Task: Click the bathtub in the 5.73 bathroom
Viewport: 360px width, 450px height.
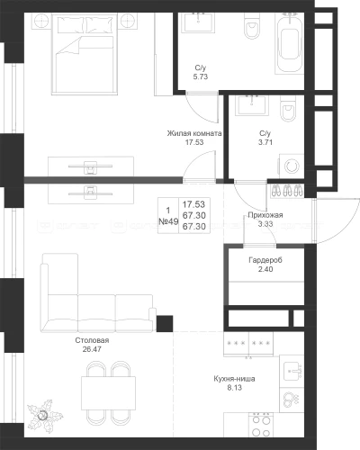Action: coord(289,43)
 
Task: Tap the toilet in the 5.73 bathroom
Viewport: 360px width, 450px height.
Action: coord(251,26)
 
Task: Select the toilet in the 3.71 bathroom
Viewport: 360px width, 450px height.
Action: coord(289,109)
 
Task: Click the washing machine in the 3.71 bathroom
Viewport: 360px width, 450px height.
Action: coord(292,166)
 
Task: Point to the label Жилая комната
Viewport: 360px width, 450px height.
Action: coord(194,133)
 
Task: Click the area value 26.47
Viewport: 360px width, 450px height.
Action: coord(92,349)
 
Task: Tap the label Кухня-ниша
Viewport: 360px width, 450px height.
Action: coord(234,379)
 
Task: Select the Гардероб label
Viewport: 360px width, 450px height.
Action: coord(265,260)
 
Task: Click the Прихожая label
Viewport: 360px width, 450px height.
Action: coord(265,215)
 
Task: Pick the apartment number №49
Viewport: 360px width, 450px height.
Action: coord(168,221)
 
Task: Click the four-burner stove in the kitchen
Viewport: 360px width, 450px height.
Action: coord(261,426)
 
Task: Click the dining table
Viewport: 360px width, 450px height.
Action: coord(108,393)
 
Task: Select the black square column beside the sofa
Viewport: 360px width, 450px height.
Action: coord(165,323)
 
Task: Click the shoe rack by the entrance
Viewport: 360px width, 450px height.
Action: coord(287,191)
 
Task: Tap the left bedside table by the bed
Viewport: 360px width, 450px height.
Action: coord(40,21)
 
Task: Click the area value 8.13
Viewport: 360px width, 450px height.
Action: coord(234,388)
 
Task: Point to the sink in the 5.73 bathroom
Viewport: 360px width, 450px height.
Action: coord(199,22)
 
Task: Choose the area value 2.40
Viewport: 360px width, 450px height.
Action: coord(265,269)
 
